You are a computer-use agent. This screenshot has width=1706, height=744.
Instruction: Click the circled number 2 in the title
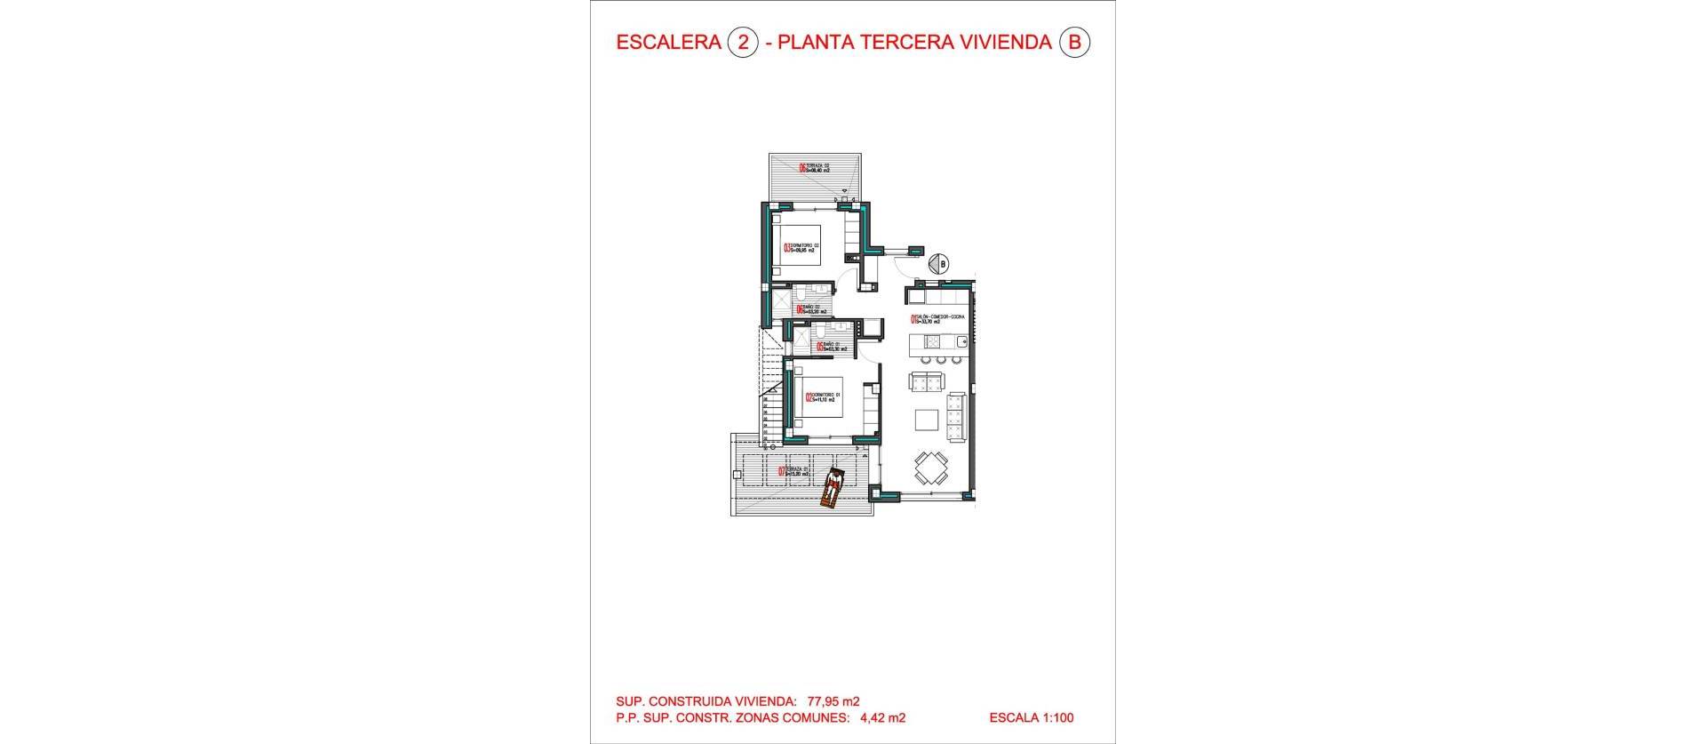click(743, 43)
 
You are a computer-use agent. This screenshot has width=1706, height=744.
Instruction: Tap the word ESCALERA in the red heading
click(668, 43)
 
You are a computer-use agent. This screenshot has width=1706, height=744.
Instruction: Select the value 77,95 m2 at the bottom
click(833, 700)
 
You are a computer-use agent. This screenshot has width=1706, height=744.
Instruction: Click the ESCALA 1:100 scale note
click(1031, 717)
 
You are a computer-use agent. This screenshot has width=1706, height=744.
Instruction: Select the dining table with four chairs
click(931, 467)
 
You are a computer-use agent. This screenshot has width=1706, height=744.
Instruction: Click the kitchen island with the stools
click(933, 343)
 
